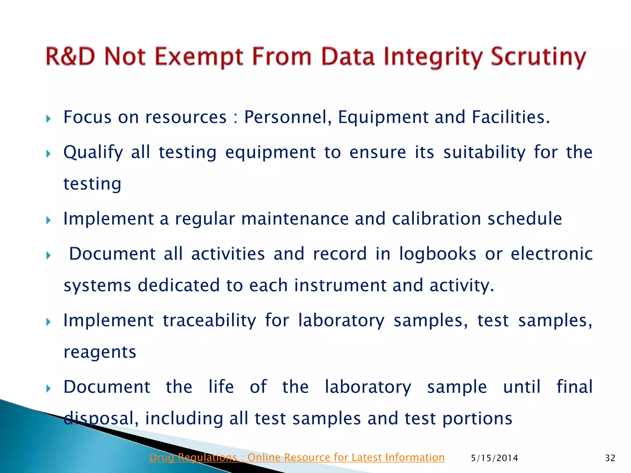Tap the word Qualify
(x=93, y=152)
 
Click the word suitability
(x=484, y=152)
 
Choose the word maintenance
(x=295, y=219)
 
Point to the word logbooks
(x=438, y=254)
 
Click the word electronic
(x=552, y=254)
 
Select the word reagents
(x=100, y=352)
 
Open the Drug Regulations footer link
(x=297, y=458)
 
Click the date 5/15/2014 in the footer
(x=495, y=458)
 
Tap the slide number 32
(x=610, y=458)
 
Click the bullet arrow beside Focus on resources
(x=48, y=119)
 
